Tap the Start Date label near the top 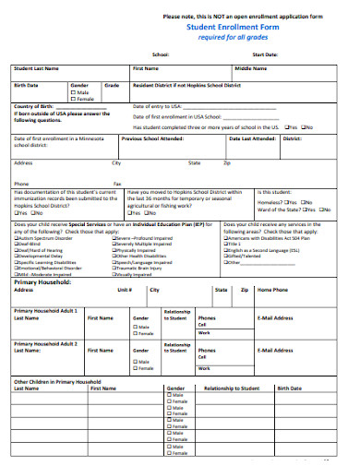click(x=264, y=55)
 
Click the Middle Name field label click(x=250, y=68)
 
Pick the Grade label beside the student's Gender click(x=112, y=85)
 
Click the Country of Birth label click(x=34, y=107)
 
